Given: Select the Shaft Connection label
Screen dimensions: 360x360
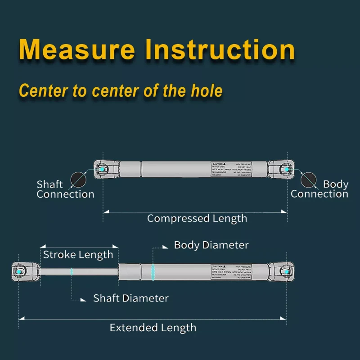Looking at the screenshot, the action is click(x=65, y=189).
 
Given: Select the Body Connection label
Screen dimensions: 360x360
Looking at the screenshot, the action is click(x=319, y=189).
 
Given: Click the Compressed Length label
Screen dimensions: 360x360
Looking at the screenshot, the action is click(x=197, y=219).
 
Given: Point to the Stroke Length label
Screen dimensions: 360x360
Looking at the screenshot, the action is click(x=78, y=255).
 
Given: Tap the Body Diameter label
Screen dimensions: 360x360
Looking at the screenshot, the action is click(x=211, y=245).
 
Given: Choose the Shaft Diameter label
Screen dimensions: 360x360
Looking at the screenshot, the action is click(x=130, y=298).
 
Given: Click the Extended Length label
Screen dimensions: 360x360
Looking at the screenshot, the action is click(x=153, y=328).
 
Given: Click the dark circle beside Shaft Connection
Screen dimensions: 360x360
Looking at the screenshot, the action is click(x=79, y=179).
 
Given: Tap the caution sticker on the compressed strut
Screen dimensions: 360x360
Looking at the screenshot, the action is click(x=230, y=169).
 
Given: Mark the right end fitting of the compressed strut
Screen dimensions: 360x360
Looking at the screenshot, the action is click(x=281, y=169).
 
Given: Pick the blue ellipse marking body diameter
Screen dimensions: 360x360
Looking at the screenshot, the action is click(x=153, y=272).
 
